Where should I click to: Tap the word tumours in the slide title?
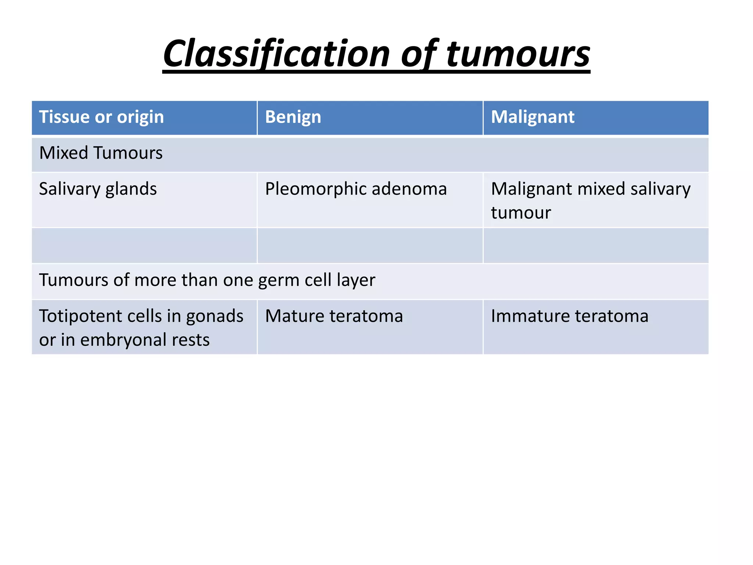518,54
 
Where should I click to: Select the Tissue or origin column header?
101,117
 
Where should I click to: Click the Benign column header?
293,117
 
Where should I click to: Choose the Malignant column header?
532,117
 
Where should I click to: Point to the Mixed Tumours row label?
101,153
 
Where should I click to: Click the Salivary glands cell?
98,189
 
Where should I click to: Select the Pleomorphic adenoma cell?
356,189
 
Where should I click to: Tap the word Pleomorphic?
315,189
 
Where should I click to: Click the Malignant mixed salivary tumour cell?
590,200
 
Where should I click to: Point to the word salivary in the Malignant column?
660,189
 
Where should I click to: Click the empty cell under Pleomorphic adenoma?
370,245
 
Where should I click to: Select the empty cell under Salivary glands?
144,245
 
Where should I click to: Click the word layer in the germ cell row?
358,280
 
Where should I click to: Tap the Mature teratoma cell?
334,316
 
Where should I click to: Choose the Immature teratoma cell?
570,316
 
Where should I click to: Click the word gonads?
215,316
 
